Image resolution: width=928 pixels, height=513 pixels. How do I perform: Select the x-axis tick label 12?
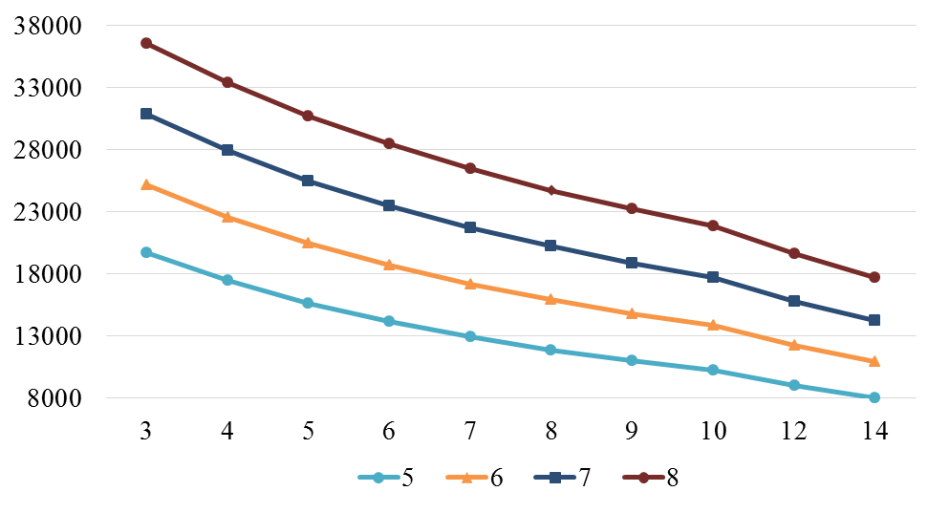pos(793,431)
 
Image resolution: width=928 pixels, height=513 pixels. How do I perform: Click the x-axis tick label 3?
pos(146,431)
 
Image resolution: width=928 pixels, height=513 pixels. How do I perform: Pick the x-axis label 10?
pos(712,431)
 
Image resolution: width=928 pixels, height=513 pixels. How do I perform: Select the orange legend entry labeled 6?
pos(475,478)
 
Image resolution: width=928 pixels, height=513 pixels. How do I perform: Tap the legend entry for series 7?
pos(563,478)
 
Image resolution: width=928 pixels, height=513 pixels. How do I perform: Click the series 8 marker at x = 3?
pos(146,43)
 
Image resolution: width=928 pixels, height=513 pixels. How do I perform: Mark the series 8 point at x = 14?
pos(874,277)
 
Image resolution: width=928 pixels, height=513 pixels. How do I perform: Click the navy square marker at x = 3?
pos(146,114)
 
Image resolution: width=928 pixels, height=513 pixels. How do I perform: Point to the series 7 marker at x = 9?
pos(632,263)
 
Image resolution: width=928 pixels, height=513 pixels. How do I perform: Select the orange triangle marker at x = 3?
pos(146,184)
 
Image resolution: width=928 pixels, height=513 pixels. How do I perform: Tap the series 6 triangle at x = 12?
pos(794,345)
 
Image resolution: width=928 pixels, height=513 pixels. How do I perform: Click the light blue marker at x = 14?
pos(874,397)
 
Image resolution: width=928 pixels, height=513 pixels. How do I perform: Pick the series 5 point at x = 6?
pos(389,321)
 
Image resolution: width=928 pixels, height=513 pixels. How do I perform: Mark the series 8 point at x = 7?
pos(470,168)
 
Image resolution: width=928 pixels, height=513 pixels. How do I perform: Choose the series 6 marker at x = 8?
pos(550,299)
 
